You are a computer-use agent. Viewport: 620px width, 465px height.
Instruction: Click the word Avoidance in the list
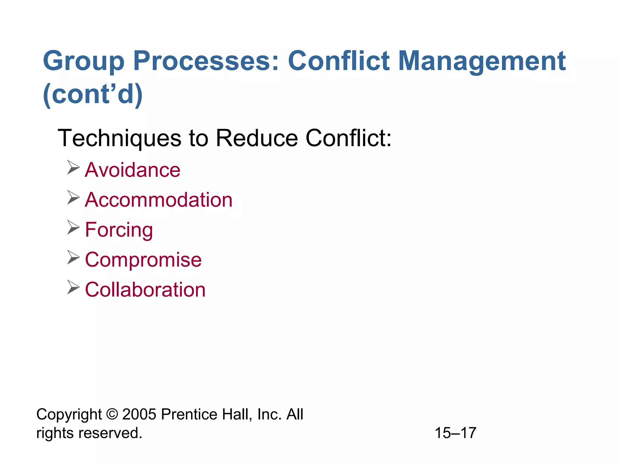point(133,170)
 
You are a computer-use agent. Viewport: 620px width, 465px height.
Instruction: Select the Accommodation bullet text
point(159,200)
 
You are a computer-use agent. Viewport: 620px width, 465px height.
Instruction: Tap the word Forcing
point(119,230)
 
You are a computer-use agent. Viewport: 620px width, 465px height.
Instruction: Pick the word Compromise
point(143,260)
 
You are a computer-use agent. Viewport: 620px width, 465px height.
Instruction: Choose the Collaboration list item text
point(145,290)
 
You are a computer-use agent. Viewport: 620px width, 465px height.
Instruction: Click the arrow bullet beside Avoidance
point(73,167)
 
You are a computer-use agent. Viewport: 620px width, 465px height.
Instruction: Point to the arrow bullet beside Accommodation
point(73,197)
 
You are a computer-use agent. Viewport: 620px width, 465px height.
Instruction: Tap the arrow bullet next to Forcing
point(73,227)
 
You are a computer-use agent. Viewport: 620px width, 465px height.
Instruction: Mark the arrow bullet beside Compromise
point(73,257)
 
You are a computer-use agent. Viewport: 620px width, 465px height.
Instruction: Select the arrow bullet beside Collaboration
point(73,287)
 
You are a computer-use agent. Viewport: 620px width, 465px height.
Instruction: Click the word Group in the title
point(84,61)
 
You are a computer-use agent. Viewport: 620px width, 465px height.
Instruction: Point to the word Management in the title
point(482,61)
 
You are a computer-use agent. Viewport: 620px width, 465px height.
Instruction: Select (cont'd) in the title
point(93,94)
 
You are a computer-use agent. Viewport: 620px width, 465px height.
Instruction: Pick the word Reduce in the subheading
point(257,138)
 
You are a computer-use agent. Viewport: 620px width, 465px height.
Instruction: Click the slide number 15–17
point(455,433)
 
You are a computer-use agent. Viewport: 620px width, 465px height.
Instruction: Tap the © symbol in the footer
point(112,414)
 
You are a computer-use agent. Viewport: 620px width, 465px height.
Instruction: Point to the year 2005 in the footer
point(139,414)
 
